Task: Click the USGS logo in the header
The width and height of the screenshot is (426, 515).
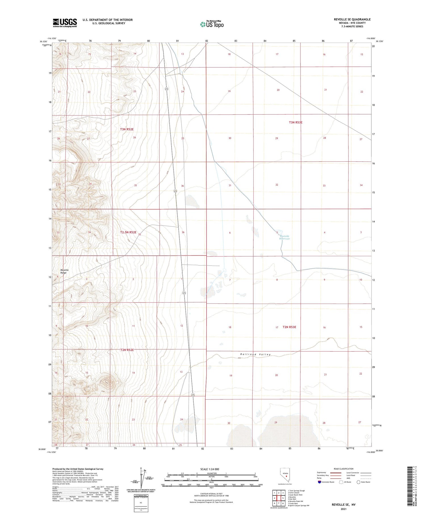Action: point(65,23)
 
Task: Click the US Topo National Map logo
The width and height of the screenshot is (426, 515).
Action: point(212,24)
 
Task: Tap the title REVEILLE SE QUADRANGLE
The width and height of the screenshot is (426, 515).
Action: point(352,19)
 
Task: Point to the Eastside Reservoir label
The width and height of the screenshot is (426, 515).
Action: point(285,237)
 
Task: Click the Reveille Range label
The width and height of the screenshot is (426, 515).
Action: point(64,271)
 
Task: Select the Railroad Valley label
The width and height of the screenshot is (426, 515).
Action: point(255,354)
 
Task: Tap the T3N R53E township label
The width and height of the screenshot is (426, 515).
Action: point(296,122)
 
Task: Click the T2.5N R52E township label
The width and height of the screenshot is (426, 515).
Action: point(128,232)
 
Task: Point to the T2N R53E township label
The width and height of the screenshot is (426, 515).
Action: point(289,327)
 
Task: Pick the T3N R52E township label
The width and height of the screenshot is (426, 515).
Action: point(127,129)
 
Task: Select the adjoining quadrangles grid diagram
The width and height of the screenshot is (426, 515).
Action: point(279,498)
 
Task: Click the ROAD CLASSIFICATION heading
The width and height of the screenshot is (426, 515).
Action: point(344,469)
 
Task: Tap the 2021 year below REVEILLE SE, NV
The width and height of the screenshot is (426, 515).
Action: point(343,509)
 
